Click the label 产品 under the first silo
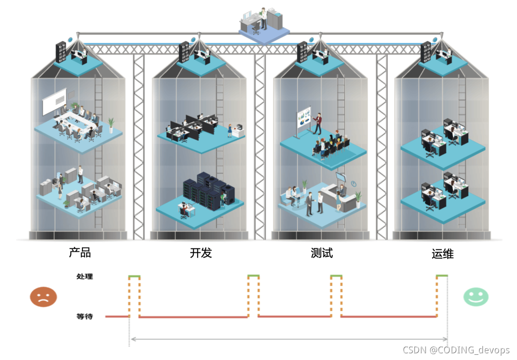pyautogui.click(x=80, y=253)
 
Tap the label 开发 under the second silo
pyautogui.click(x=201, y=253)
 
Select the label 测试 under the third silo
pyautogui.click(x=322, y=253)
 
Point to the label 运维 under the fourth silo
pyautogui.click(x=443, y=254)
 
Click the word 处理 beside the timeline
pyautogui.click(x=85, y=277)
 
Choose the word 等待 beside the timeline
pyautogui.click(x=85, y=316)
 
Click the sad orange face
pyautogui.click(x=44, y=297)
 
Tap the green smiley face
pyautogui.click(x=476, y=297)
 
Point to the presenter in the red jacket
pyautogui.click(x=317, y=124)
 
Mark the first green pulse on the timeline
pyautogui.click(x=135, y=277)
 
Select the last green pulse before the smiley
pyautogui.click(x=442, y=276)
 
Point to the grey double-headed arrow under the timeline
pyautogui.click(x=289, y=339)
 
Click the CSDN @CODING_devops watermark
pyautogui.click(x=456, y=350)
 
